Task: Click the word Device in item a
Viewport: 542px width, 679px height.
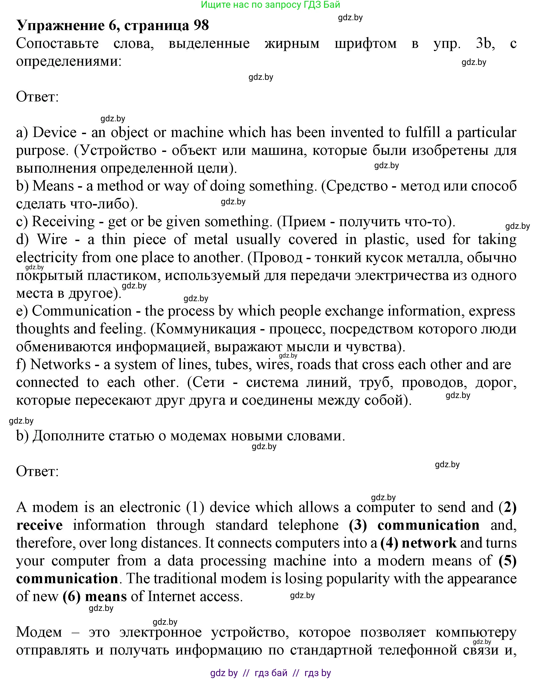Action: tap(55, 132)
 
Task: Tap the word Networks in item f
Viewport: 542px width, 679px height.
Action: tap(60, 365)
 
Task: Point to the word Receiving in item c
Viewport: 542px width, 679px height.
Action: tap(63, 222)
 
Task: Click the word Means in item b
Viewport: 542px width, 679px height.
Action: tap(53, 186)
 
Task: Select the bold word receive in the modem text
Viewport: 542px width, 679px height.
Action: tap(39, 525)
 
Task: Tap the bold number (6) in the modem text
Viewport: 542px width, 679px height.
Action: tap(72, 597)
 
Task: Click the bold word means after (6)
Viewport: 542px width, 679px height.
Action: tap(106, 597)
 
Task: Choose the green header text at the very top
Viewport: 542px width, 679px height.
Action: tap(270, 5)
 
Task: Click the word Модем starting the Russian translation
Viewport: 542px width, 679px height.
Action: tap(39, 632)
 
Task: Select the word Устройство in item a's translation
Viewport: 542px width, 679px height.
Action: tap(119, 150)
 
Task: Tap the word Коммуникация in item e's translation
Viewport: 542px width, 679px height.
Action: tap(206, 329)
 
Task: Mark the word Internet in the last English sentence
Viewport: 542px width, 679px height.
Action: tap(172, 597)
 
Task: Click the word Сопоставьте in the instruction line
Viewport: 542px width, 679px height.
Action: tap(57, 43)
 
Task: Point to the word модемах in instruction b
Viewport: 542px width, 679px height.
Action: tap(197, 436)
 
